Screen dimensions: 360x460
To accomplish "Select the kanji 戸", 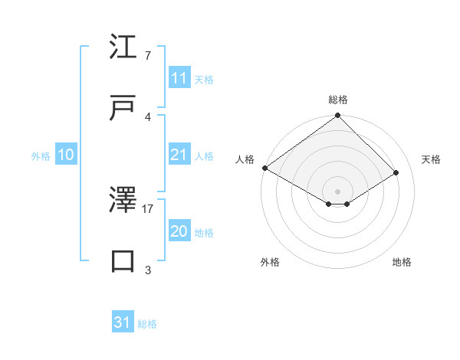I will click(x=123, y=108).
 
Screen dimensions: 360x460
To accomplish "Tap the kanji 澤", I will click(x=123, y=200).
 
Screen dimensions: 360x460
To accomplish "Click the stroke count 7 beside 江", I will click(x=147, y=56).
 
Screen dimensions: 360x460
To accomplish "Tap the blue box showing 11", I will click(x=179, y=78).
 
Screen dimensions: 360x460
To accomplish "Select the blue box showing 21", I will click(x=179, y=155).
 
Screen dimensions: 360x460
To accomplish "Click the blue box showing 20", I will click(x=179, y=231).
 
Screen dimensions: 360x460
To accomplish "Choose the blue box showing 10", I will click(x=65, y=155).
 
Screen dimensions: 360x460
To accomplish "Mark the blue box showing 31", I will click(x=122, y=322).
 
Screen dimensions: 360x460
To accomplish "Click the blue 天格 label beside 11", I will click(x=204, y=79).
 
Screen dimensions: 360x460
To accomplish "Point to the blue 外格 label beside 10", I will click(x=41, y=155).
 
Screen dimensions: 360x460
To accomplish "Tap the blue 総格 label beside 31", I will click(x=147, y=324).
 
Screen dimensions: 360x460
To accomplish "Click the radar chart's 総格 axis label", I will click(x=337, y=100).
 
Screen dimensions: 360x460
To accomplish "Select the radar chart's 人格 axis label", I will click(x=245, y=159).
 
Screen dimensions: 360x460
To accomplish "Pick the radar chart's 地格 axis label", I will click(x=402, y=262).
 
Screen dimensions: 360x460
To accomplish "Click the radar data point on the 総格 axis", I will click(x=337, y=116).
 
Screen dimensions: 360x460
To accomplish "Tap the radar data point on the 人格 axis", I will click(x=264, y=168).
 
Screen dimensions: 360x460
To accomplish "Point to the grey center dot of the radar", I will click(x=337, y=190).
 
